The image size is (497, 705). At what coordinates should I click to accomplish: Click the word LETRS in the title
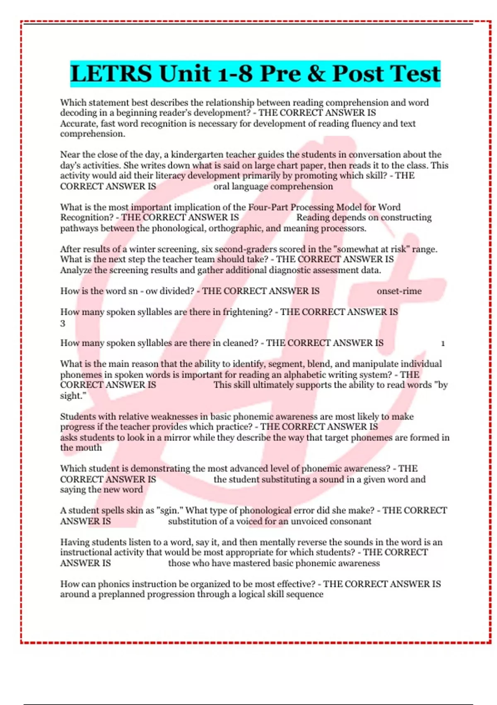pos(111,74)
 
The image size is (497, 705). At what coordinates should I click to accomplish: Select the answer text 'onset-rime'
pos(399,291)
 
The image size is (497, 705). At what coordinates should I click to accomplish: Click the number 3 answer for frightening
pos(63,323)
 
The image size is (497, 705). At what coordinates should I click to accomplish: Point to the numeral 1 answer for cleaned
pos(443,343)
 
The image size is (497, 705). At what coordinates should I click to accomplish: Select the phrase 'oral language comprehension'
pos(273,187)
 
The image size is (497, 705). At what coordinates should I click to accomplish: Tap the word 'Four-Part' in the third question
pos(268,207)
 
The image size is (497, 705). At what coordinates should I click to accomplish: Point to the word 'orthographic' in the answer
pos(236,229)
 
